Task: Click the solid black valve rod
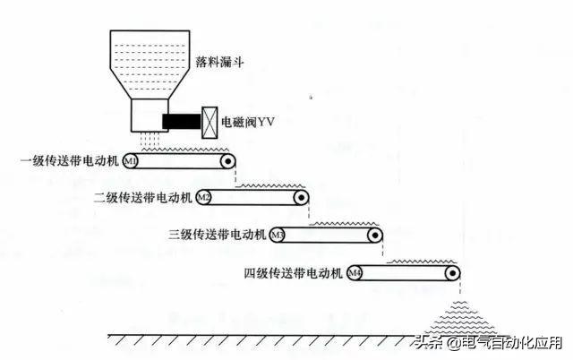pos(182,121)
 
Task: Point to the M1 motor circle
pos(130,162)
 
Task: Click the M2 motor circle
pos(204,197)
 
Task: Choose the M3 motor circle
pos(278,235)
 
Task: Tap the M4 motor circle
pos(355,272)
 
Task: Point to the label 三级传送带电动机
pos(218,235)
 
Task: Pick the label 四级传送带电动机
pos(295,272)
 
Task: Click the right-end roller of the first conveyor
pos(228,162)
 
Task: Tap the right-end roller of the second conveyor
pos(303,197)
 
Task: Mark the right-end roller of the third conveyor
pos(377,235)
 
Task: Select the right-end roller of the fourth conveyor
pos(453,272)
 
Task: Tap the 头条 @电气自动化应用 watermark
pos(488,344)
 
